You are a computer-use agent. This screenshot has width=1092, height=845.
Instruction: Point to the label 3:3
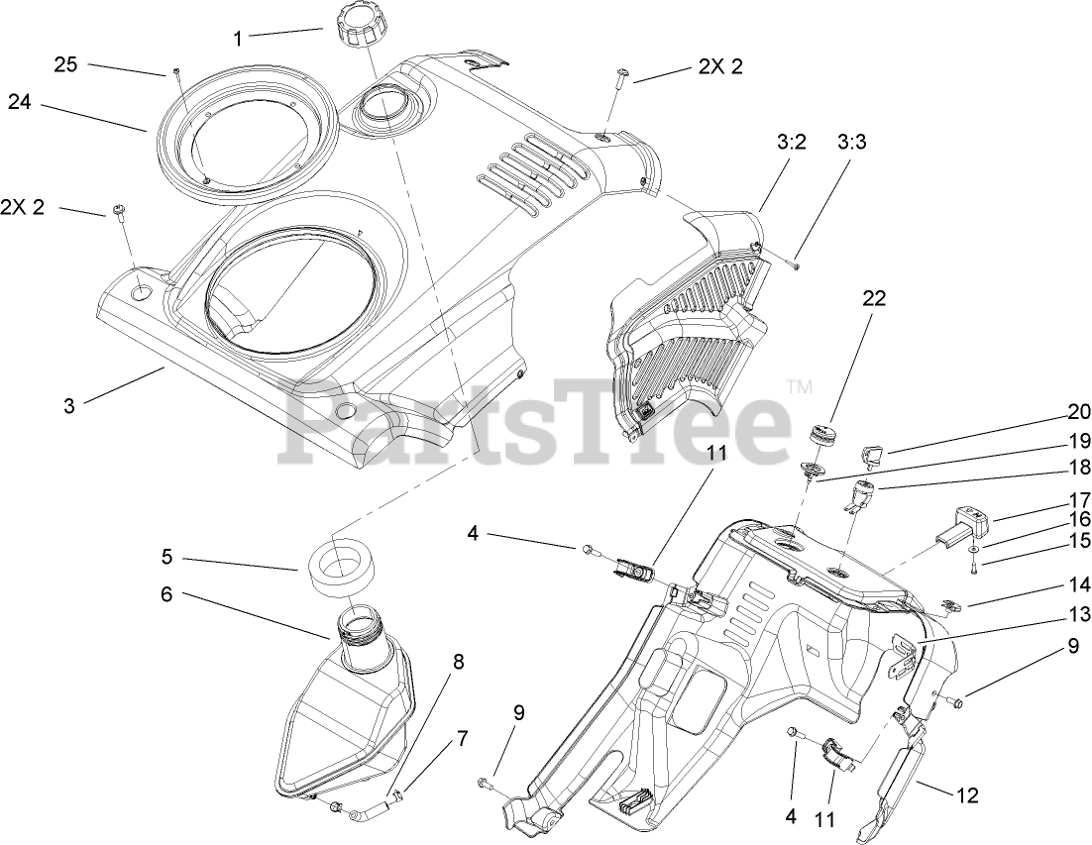click(x=851, y=142)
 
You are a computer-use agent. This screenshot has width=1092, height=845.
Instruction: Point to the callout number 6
click(x=165, y=594)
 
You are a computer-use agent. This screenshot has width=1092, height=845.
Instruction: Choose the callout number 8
click(x=457, y=662)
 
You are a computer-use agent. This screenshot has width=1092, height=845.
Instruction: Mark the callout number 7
click(x=461, y=738)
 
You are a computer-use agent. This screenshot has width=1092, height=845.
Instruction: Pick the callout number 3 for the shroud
click(x=68, y=406)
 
